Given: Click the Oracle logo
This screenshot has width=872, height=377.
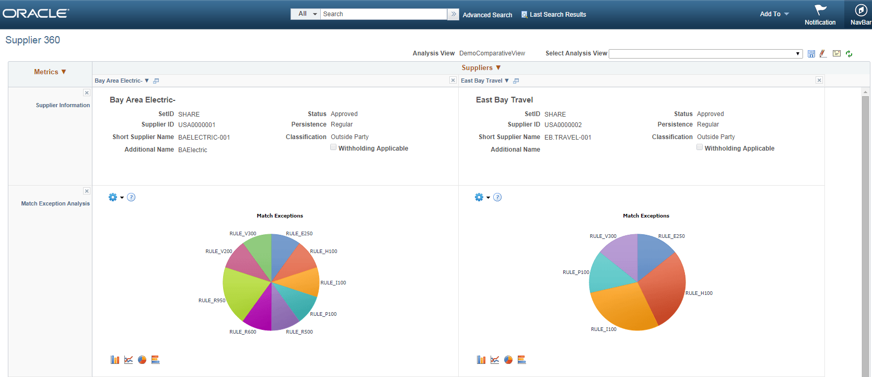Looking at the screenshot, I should tap(36, 14).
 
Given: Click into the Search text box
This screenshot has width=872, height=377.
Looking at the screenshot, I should tap(383, 14).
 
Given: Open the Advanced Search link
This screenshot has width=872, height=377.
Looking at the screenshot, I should tap(487, 15).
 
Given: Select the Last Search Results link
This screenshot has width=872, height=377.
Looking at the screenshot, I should tap(557, 15).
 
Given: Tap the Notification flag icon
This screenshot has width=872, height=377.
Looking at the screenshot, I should tap(820, 10).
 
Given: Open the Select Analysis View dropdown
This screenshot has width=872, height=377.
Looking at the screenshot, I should tap(705, 54).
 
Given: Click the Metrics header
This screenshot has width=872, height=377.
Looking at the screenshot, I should tap(50, 72).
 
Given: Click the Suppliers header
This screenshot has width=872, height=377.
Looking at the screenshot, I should tap(481, 68).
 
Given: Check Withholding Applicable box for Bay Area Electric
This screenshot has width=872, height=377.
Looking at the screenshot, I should tap(333, 147).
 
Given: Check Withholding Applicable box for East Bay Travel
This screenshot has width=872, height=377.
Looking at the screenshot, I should tap(700, 147).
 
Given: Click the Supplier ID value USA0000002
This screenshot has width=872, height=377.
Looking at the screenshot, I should tap(563, 125).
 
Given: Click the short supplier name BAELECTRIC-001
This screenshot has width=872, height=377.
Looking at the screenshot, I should tap(204, 138).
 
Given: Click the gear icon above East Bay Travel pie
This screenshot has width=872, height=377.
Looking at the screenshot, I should tap(479, 197).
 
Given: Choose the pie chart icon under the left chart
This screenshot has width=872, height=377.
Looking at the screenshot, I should tap(142, 360).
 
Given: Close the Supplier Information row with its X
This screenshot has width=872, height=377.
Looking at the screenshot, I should tap(87, 93).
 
